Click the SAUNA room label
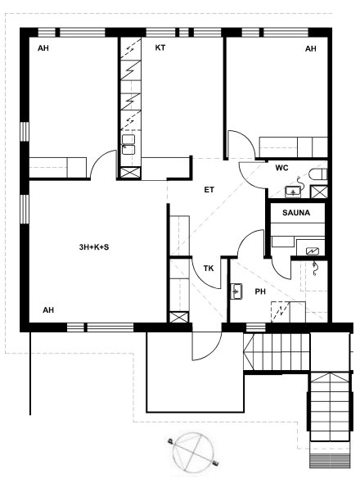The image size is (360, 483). tap(296, 213)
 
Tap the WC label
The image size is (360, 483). tap(281, 168)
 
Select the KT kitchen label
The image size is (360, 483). tap(160, 47)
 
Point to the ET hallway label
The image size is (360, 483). tap(209, 190)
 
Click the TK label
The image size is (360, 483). tap(209, 269)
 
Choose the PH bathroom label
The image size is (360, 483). tap(260, 291)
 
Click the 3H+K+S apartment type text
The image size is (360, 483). tap(94, 247)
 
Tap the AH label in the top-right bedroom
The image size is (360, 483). tap(310, 48)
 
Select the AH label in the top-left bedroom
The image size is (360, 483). tap(43, 48)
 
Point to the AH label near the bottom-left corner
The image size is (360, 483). tap(48, 310)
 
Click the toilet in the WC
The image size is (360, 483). tap(317, 174)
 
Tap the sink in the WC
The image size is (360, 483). tap(293, 192)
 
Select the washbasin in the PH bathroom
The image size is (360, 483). tap(236, 291)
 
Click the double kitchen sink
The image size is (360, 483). tap(128, 144)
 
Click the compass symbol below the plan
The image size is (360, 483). tap(194, 452)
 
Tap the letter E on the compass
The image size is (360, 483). tap(216, 463)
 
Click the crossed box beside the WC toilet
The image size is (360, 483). tap(319, 192)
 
